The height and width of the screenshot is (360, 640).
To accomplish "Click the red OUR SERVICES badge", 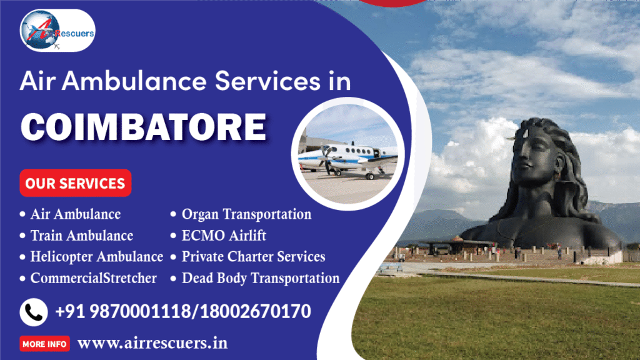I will coord(75,183).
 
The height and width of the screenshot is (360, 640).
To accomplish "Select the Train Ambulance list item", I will coord(81,236).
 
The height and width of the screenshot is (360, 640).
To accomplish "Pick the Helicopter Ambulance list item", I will coord(96,257).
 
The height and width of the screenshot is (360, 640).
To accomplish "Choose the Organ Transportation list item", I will coord(246,214).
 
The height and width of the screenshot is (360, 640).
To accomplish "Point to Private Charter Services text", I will coord(253,257).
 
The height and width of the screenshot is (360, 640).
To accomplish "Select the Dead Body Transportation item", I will coord(260,278).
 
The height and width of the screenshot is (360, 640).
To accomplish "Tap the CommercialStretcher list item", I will coord(93,278).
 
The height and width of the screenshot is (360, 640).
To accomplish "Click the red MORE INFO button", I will coord(45,344).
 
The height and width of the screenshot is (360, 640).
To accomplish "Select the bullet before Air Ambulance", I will coord(23,215).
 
